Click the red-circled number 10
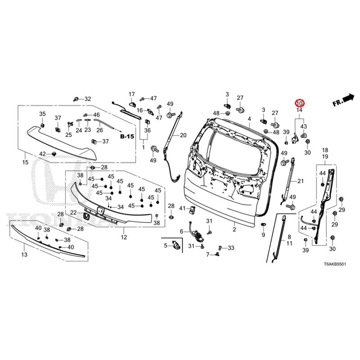[299, 103]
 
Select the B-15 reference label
[127, 135]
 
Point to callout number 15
[25, 162]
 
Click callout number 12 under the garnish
[124, 237]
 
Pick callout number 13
[24, 255]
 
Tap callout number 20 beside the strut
[183, 135]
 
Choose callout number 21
[301, 181]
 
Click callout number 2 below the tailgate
[234, 229]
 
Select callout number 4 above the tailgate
[249, 119]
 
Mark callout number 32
[88, 99]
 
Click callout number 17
[132, 94]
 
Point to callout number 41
[182, 209]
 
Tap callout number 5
[166, 245]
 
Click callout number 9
[263, 235]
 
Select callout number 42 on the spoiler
[42, 154]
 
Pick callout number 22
[73, 212]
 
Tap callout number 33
[231, 248]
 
